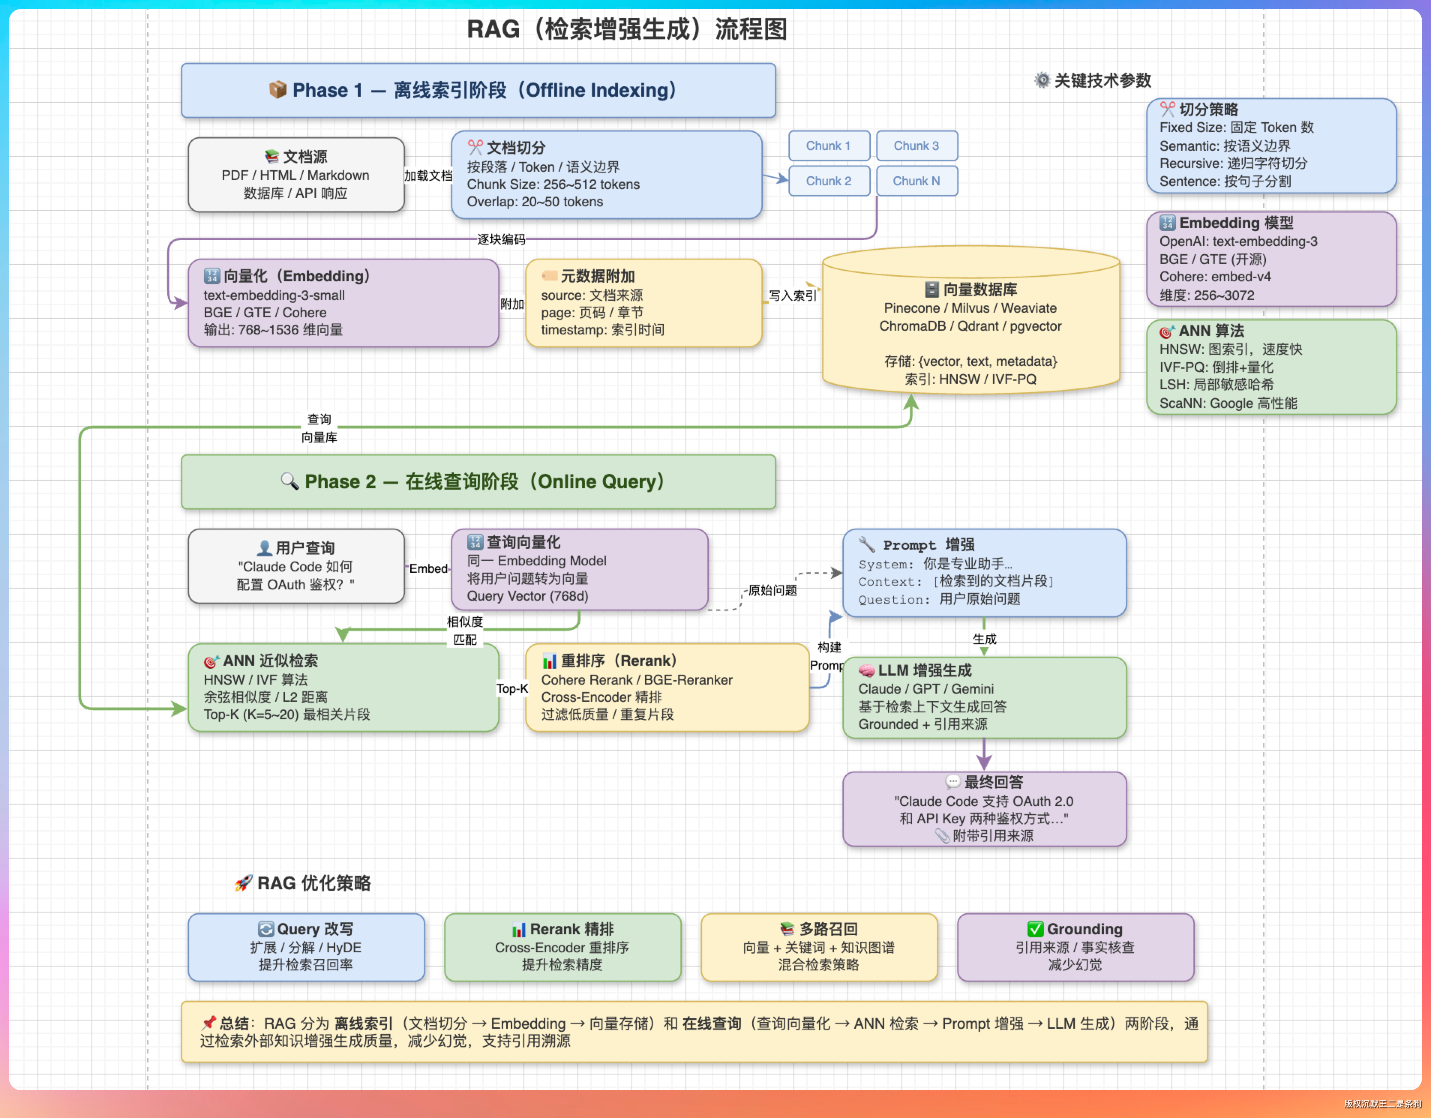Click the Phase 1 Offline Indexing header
click(x=478, y=90)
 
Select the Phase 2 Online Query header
click(x=478, y=482)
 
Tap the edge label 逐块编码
click(x=501, y=240)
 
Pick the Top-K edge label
click(x=512, y=688)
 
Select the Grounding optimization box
click(x=1075, y=947)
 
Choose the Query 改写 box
click(x=306, y=947)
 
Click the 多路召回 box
click(x=819, y=947)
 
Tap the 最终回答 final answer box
click(x=984, y=809)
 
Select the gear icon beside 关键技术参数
click(x=1042, y=81)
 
